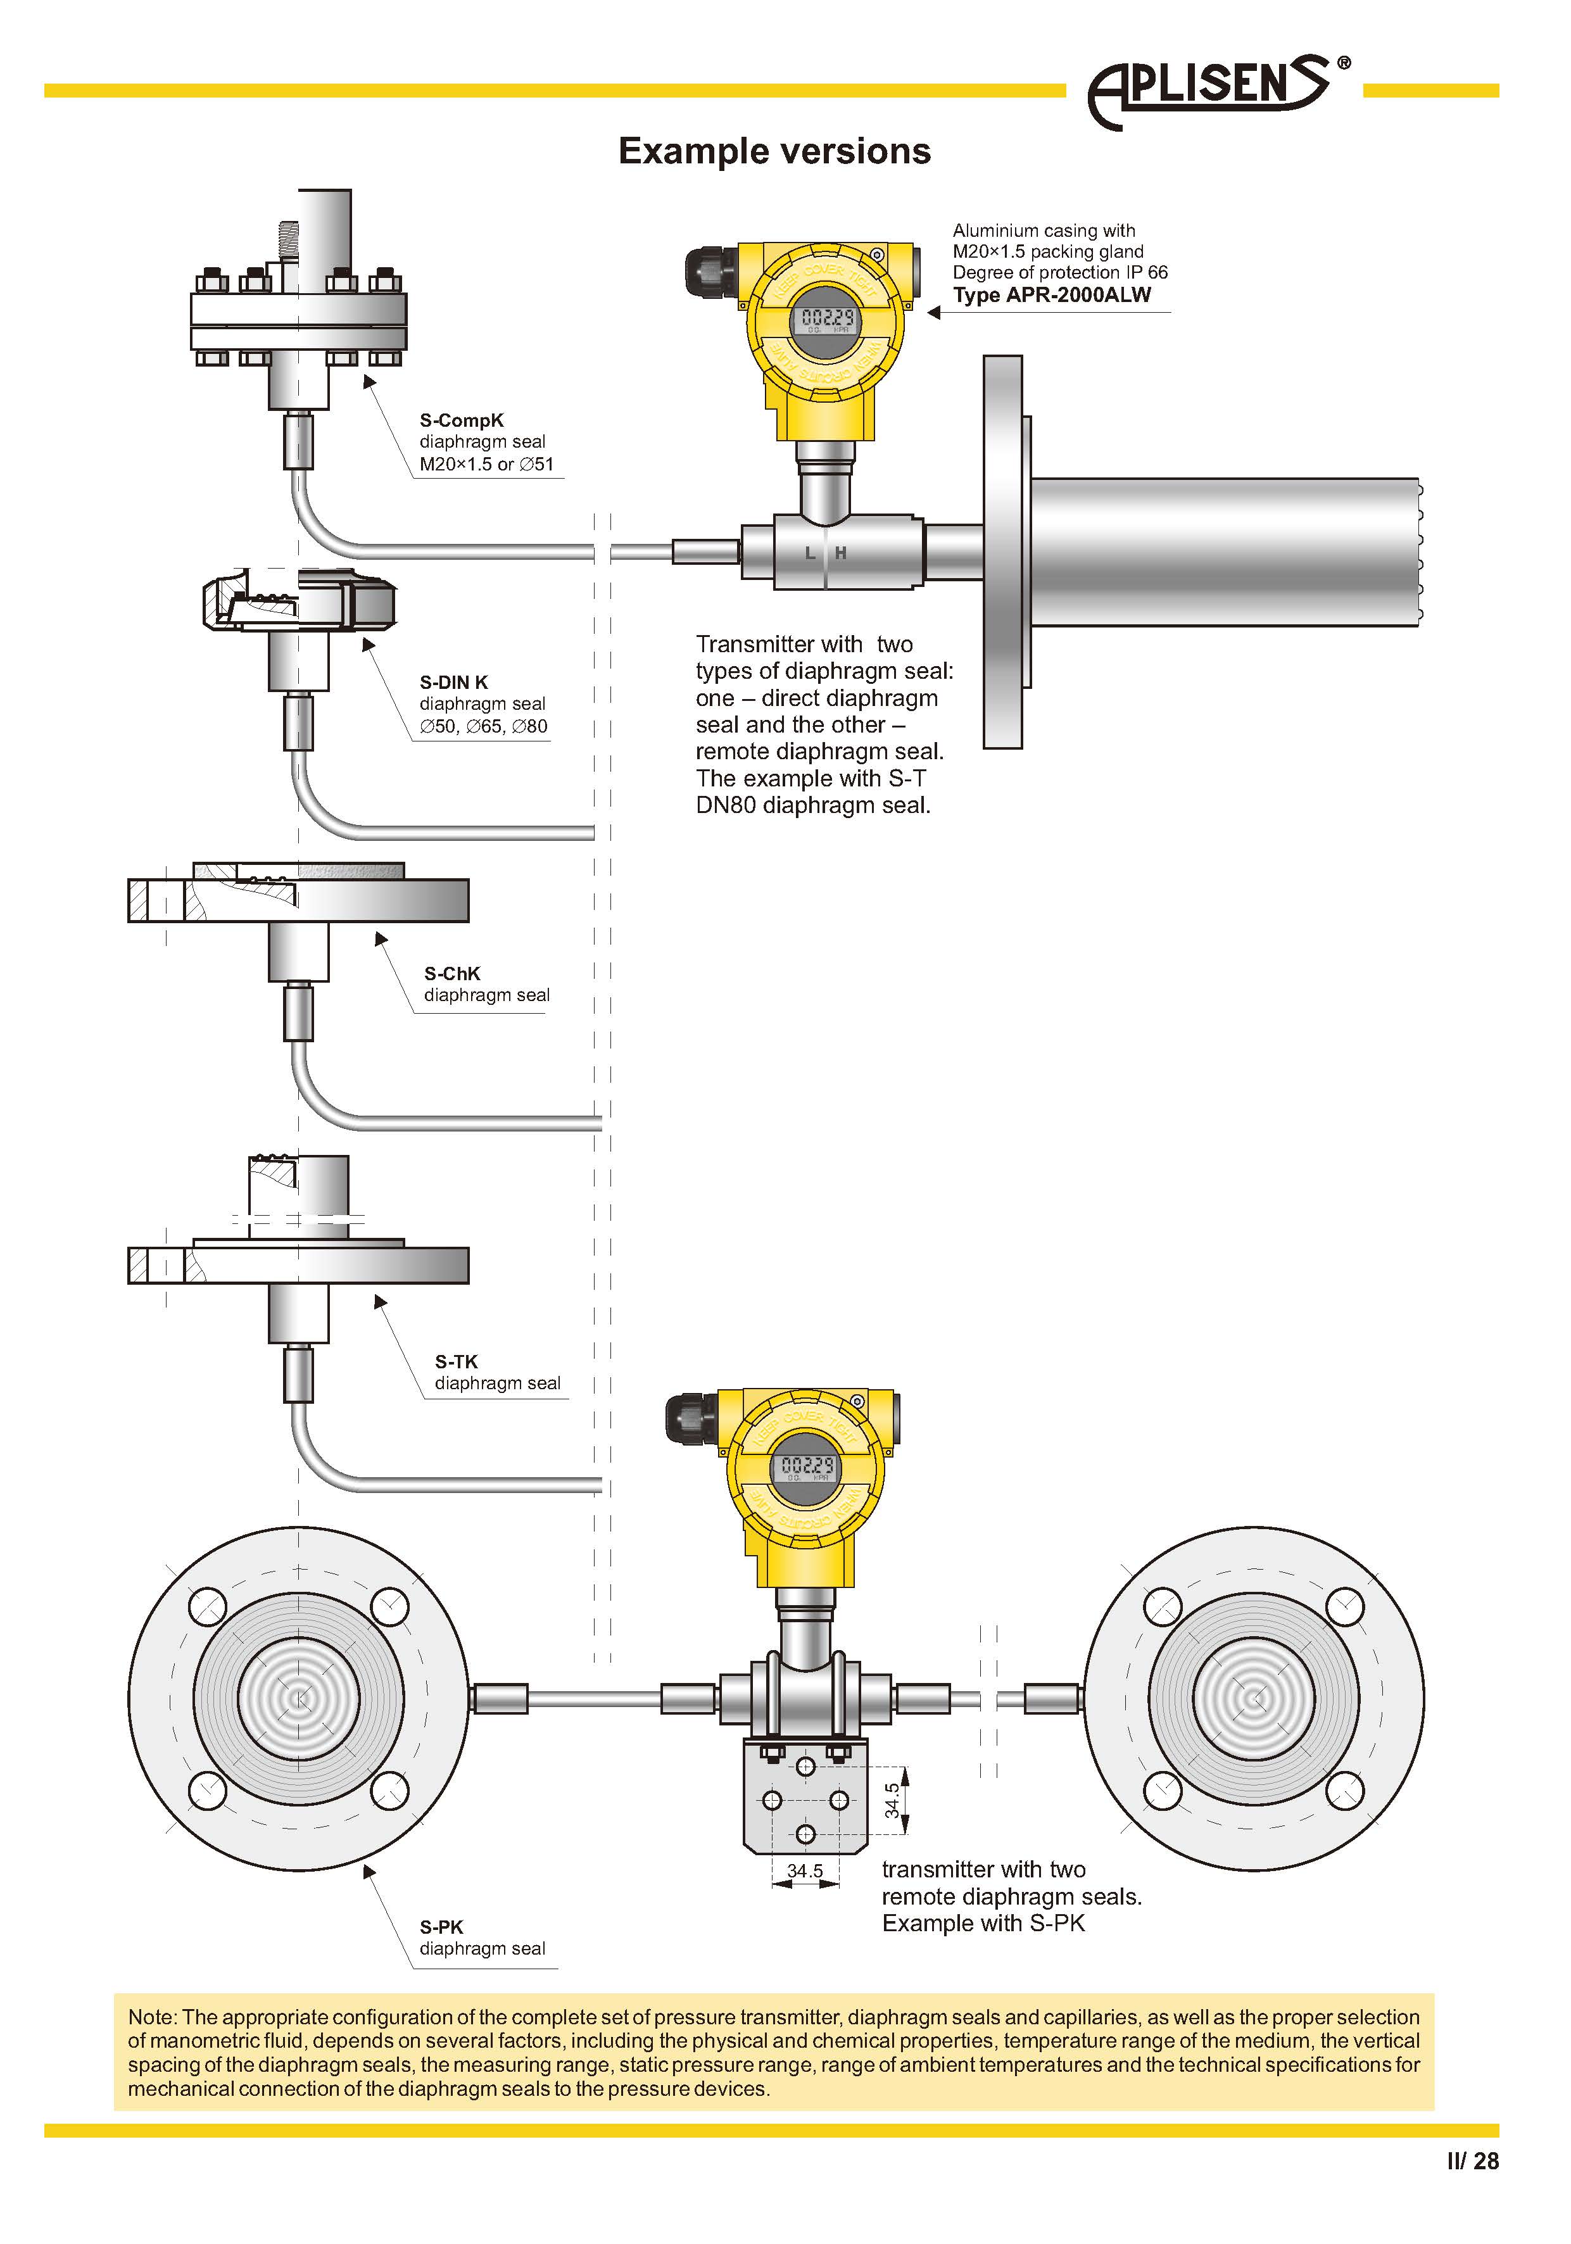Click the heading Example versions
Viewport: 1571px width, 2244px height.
[x=774, y=151]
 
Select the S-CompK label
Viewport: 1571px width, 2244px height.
[x=462, y=420]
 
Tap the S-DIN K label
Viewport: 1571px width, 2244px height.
[x=453, y=682]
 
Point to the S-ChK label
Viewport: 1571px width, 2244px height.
[x=451, y=973]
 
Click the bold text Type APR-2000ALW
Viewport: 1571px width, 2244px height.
[x=1052, y=295]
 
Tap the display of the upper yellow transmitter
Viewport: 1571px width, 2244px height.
[x=827, y=318]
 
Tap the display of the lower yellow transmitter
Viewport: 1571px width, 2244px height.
[x=807, y=1466]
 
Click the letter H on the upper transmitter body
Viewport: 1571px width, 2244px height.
[x=841, y=553]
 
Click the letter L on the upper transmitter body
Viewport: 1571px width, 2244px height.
[x=809, y=553]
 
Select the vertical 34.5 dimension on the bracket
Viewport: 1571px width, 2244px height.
[x=892, y=1800]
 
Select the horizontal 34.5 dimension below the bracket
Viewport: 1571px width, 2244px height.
[x=805, y=1870]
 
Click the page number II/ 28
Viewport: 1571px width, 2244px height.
[x=1472, y=2161]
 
